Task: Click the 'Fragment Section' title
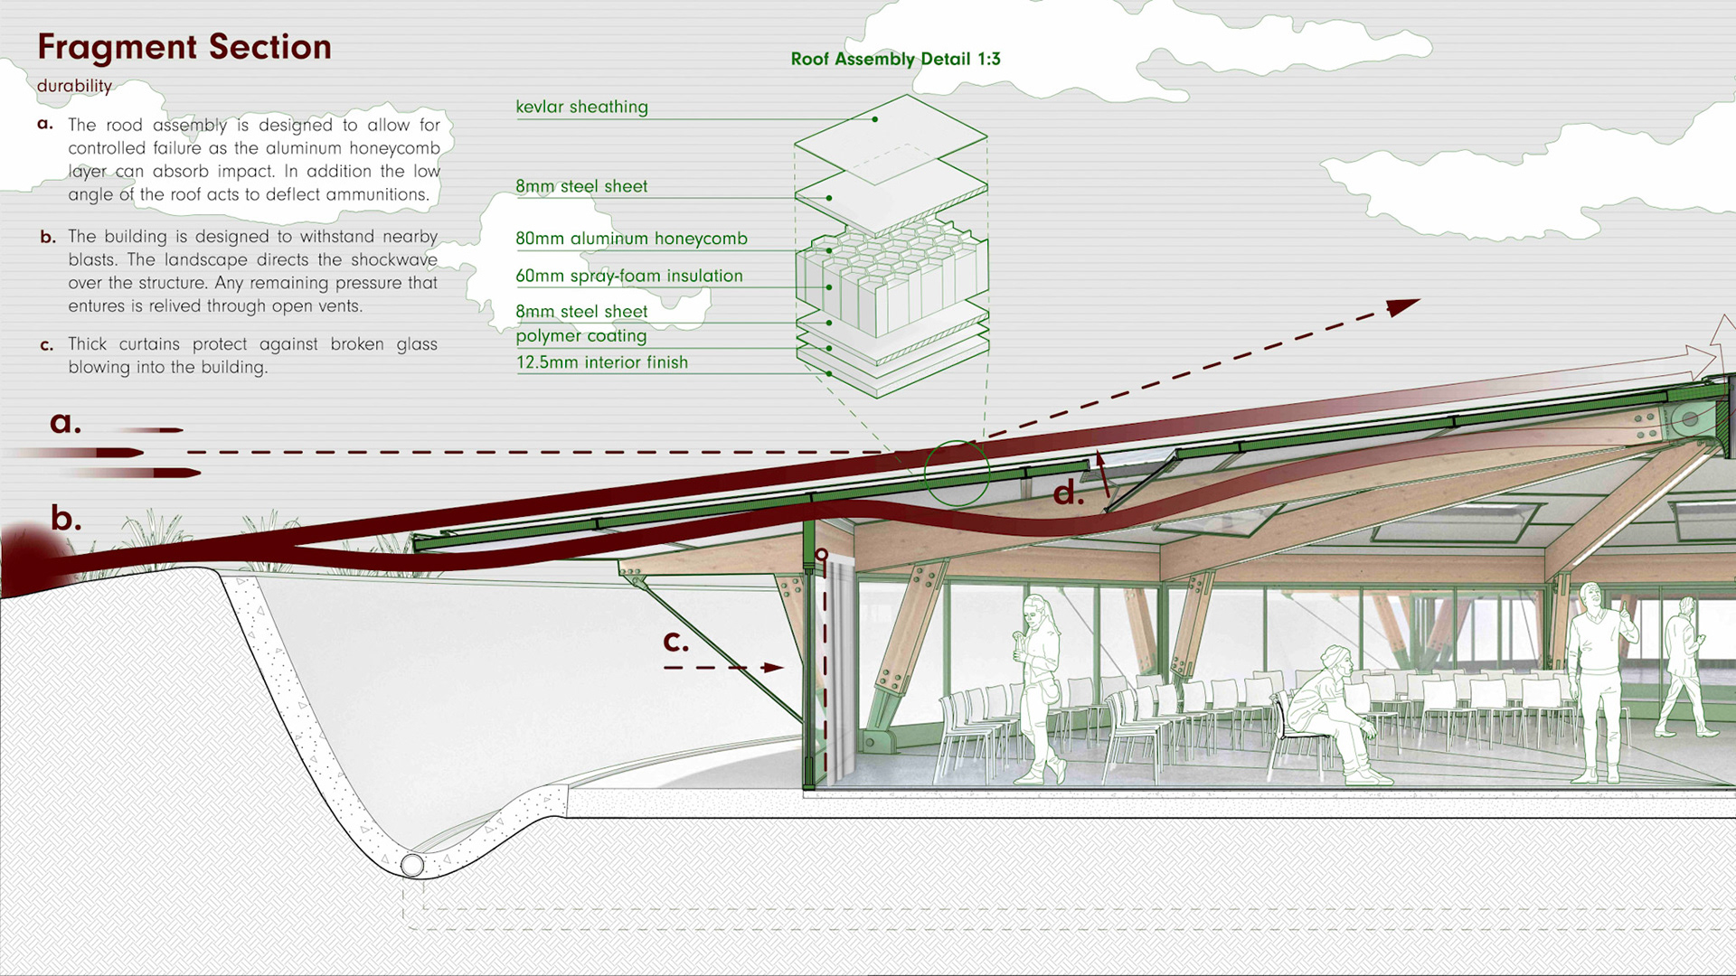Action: [x=184, y=47]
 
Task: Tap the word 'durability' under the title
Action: [x=74, y=86]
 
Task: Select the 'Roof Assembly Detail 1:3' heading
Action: [x=895, y=59]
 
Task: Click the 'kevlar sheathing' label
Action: [x=581, y=107]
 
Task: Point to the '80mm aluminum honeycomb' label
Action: [x=631, y=239]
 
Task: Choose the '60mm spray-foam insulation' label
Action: [x=628, y=276]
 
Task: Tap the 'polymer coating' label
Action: [x=580, y=336]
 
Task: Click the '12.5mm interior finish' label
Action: [x=601, y=362]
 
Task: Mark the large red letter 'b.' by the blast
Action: [x=65, y=518]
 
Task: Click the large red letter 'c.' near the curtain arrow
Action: [x=675, y=641]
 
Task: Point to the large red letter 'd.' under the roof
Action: [x=1068, y=493]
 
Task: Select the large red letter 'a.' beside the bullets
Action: [x=65, y=421]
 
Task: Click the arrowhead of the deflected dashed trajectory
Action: [x=1402, y=306]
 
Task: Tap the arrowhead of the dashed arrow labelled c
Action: [x=773, y=668]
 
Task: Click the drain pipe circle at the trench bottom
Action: [x=412, y=865]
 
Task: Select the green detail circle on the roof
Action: [x=957, y=472]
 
